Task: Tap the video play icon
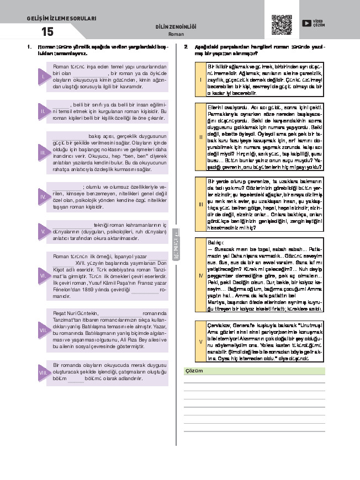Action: [306, 23]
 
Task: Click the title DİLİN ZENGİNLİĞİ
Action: [176, 27]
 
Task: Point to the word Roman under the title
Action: [176, 34]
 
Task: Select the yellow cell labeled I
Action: [200, 79]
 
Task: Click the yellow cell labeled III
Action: [200, 204]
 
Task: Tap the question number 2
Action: [186, 47]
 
